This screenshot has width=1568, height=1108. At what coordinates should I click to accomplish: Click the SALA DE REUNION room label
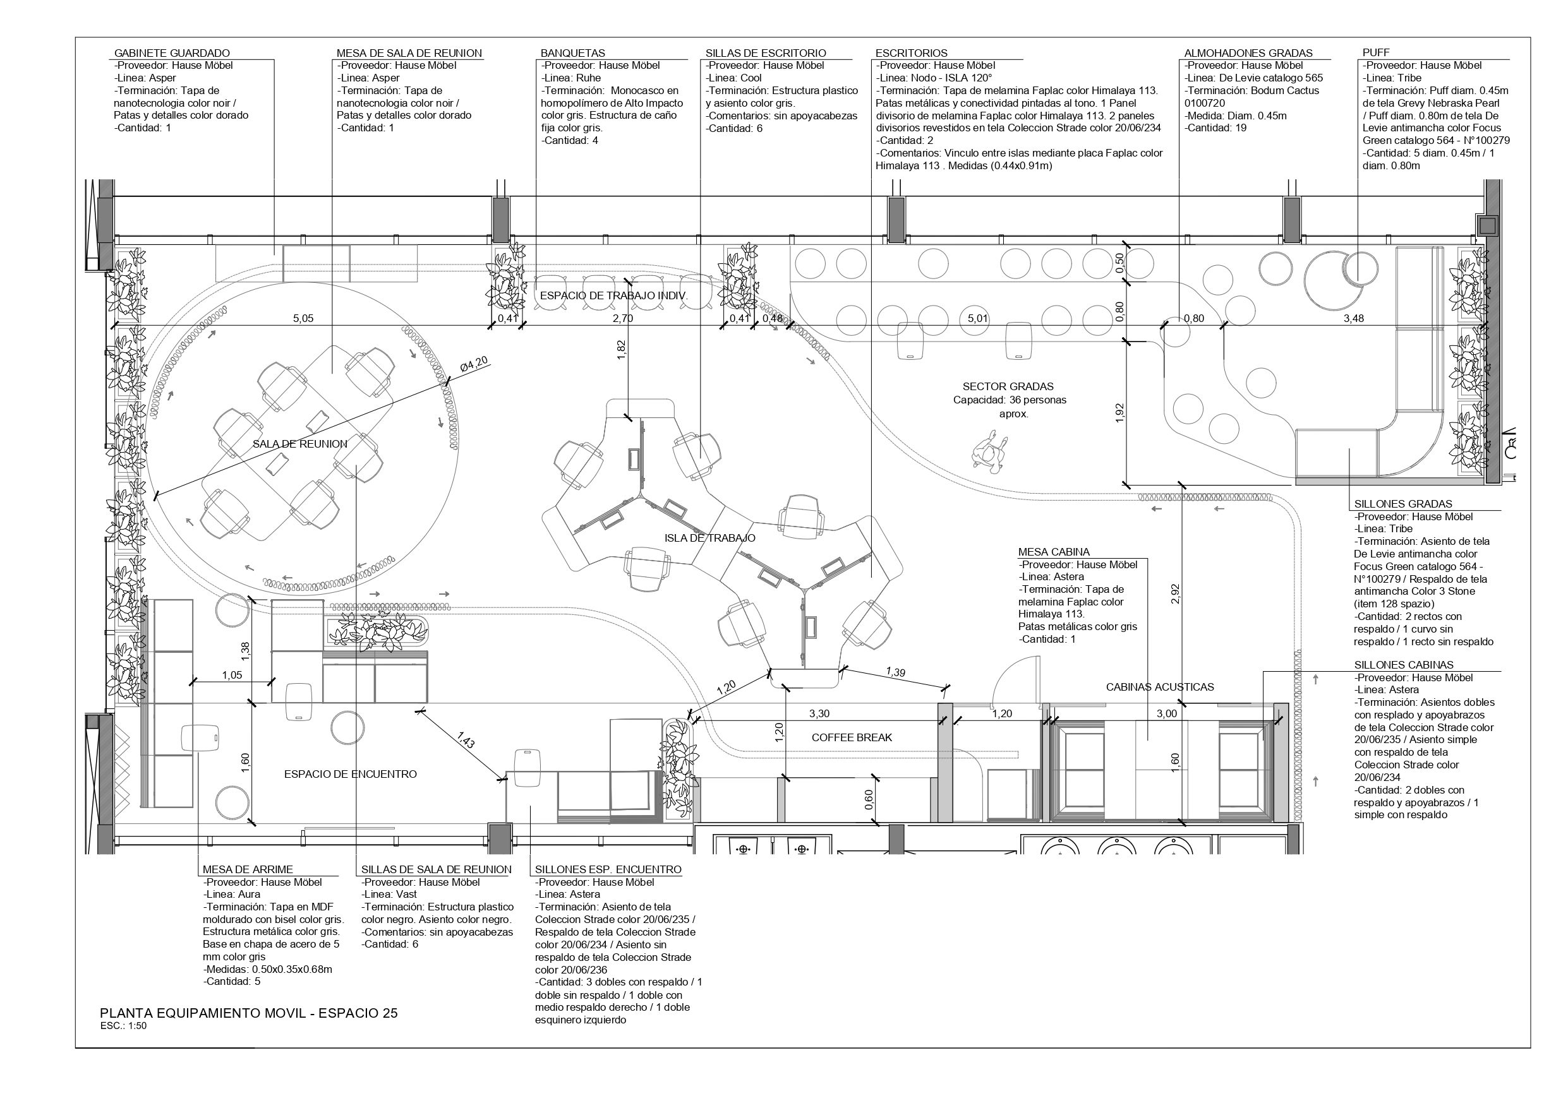point(300,444)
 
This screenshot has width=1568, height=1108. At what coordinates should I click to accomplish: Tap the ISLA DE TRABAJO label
point(709,538)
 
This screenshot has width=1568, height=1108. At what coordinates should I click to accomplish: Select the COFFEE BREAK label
point(852,737)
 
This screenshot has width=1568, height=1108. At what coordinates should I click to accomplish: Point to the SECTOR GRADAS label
point(1008,386)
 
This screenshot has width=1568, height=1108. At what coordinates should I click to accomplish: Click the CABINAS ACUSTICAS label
point(1160,687)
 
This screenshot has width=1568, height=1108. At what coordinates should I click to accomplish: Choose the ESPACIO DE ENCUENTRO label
point(351,774)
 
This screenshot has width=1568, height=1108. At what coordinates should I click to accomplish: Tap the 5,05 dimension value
point(303,318)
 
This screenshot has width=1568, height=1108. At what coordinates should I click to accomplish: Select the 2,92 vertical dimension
point(1174,594)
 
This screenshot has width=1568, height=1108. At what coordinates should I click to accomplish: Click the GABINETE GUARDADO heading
point(171,53)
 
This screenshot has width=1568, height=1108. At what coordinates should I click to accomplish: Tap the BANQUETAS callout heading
point(572,53)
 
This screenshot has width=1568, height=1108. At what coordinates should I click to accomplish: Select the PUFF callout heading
point(1375,52)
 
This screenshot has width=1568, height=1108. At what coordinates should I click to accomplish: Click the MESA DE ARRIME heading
point(247,870)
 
